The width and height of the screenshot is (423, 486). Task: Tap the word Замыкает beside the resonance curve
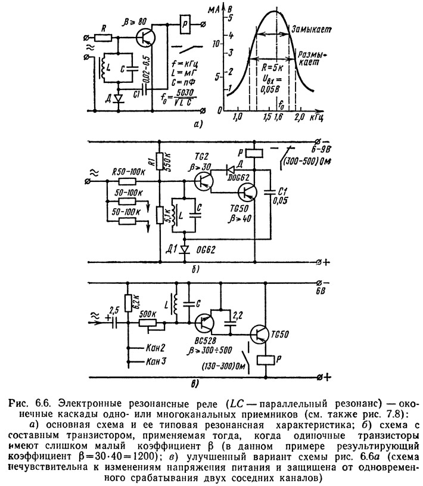coord(311,29)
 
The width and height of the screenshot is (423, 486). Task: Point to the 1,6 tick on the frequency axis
coord(278,117)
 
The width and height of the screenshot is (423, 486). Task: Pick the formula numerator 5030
coord(184,92)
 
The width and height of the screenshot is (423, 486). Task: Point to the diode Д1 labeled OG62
coord(185,249)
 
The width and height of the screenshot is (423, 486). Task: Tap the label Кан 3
coord(156,361)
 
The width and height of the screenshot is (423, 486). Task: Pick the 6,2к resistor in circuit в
coord(128,302)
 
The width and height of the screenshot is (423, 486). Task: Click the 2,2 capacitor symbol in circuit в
coord(230,324)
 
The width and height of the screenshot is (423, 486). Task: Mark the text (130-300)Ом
coord(223,366)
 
